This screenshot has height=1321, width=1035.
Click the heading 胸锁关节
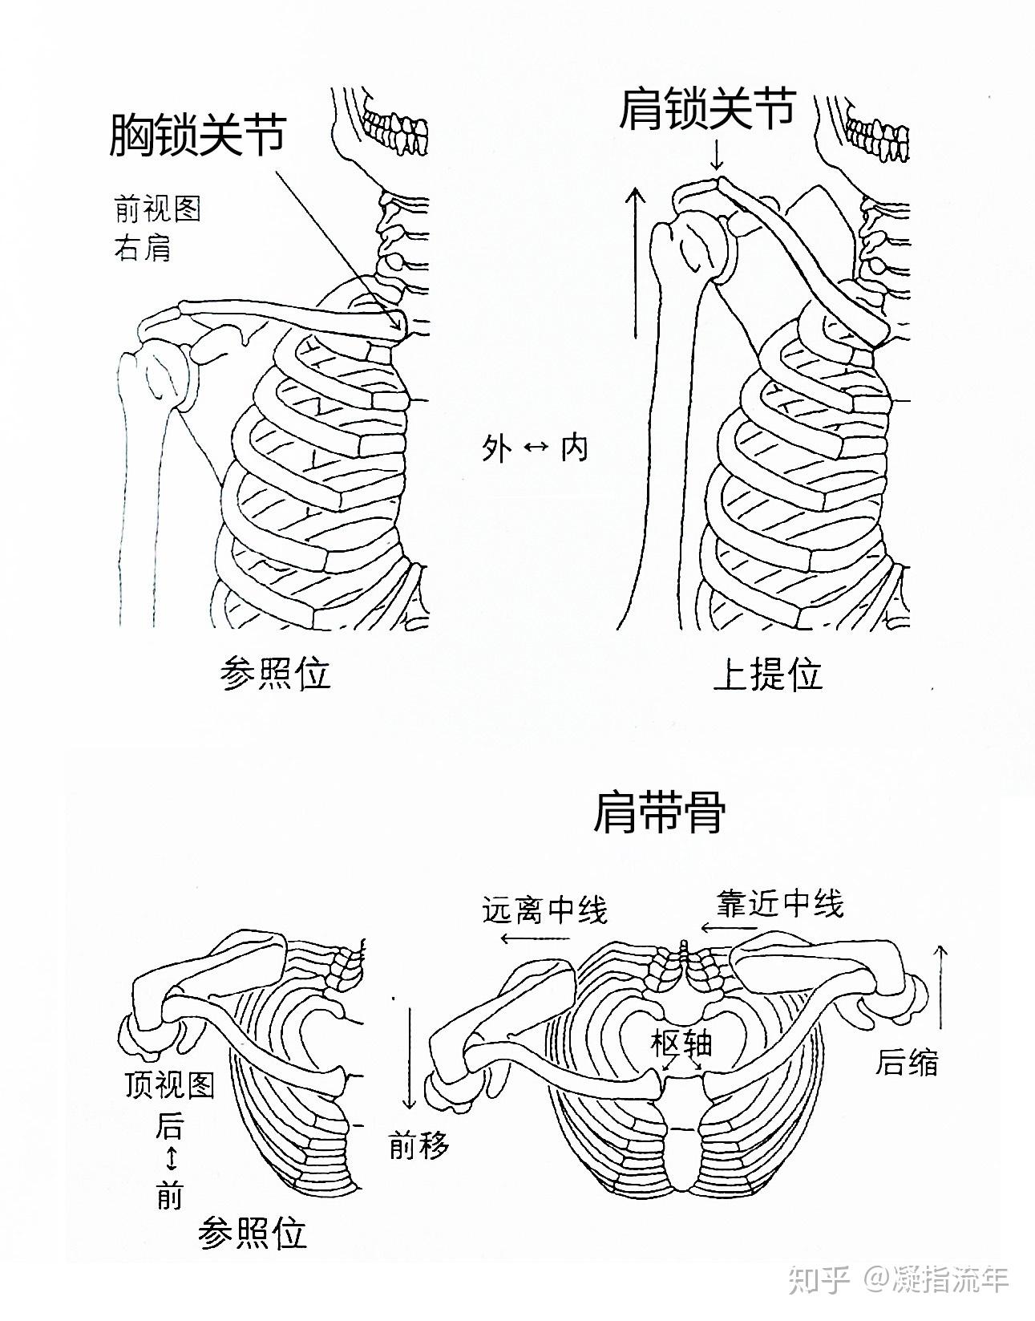[197, 135]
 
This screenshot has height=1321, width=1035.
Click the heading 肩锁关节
[707, 110]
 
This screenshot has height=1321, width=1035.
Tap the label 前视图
[156, 209]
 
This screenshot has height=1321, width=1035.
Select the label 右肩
[142, 249]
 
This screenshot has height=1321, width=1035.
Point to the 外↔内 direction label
[535, 448]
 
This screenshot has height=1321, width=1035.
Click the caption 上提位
[767, 675]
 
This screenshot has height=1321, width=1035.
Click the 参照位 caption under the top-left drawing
[275, 674]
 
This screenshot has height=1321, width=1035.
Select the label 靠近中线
[780, 904]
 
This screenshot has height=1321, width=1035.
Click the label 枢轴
[681, 1043]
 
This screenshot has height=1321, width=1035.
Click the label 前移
[418, 1145]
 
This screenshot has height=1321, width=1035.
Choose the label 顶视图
[170, 1085]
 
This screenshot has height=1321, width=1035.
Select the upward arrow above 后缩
[942, 987]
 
